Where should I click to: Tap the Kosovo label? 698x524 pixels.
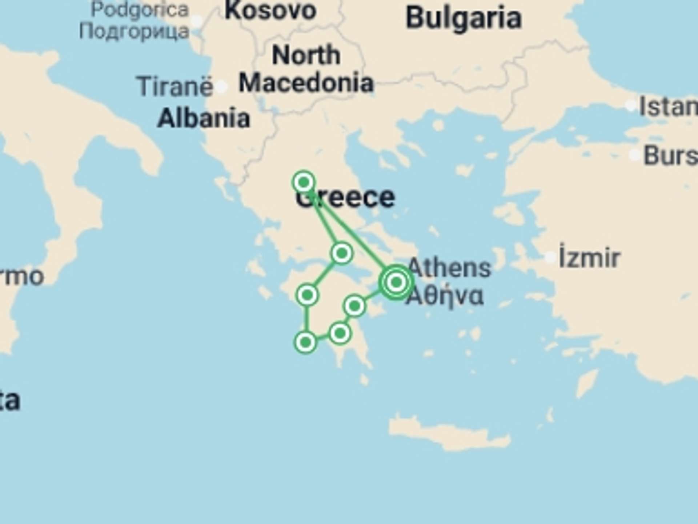[x=270, y=11]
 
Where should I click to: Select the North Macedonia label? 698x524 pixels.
[x=306, y=69]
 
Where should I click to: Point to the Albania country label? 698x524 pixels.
[x=204, y=119]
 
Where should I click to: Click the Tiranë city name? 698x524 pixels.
[x=174, y=87]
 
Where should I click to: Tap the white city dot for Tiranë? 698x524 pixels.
[x=221, y=87]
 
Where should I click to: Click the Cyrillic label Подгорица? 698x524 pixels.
[x=135, y=31]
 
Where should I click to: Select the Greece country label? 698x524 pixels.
[x=345, y=198]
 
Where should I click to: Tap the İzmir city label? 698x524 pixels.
[x=589, y=258]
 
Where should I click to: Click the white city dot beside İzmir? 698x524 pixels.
[x=550, y=258]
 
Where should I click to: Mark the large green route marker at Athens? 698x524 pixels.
[x=396, y=282]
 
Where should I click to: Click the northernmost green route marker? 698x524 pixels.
[x=304, y=182]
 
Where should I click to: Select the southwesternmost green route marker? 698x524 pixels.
[x=305, y=342]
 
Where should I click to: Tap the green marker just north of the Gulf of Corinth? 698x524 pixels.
[x=342, y=253]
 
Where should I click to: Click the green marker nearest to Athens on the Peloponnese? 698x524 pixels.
[x=354, y=306]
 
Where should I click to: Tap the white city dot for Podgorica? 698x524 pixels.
[x=197, y=21]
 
